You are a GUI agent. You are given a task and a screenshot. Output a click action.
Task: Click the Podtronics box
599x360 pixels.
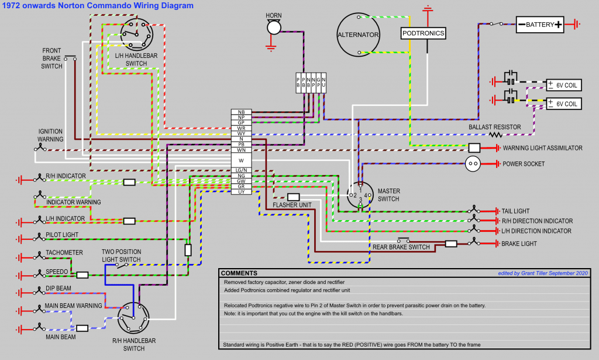pyautogui.click(x=424, y=33)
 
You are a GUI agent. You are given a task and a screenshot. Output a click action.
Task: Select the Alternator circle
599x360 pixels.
pyautogui.click(x=358, y=35)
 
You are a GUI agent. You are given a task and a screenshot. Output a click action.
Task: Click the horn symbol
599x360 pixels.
pyautogui.click(x=273, y=27)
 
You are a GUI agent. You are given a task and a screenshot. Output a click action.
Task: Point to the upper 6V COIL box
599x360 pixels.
pyautogui.click(x=563, y=85)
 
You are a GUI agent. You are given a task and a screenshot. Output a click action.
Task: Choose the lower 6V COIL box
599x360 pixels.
pyautogui.click(x=563, y=104)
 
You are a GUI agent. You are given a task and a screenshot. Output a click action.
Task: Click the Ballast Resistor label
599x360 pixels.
pyautogui.click(x=494, y=127)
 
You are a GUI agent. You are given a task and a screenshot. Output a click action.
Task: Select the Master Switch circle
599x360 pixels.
pyautogui.click(x=359, y=194)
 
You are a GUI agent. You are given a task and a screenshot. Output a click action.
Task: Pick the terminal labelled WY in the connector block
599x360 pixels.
pyautogui.click(x=241, y=133)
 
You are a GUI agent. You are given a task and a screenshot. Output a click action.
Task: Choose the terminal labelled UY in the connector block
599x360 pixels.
pyautogui.click(x=241, y=191)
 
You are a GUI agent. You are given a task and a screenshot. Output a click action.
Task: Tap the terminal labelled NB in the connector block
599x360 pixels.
pyautogui.click(x=241, y=112)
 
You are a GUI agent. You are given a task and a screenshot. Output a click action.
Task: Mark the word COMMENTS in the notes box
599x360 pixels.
pyautogui.click(x=239, y=273)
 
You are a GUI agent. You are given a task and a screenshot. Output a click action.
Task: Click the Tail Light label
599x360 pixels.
pyautogui.click(x=515, y=211)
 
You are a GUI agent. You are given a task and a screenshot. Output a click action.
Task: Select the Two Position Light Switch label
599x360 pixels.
pyautogui.click(x=121, y=255)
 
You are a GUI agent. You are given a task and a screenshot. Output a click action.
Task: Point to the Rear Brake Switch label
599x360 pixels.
pyautogui.click(x=401, y=247)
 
